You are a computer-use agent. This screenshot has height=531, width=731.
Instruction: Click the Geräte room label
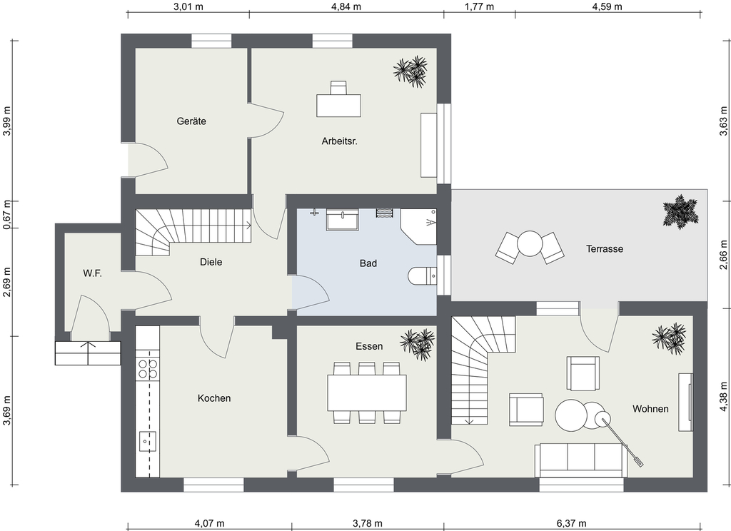point(191,121)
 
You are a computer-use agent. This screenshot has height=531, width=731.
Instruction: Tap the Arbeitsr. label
point(339,141)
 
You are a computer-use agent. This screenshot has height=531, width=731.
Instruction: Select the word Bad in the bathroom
point(368,263)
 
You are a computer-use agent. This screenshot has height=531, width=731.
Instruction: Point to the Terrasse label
point(605,249)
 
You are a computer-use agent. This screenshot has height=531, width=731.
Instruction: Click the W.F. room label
point(92,273)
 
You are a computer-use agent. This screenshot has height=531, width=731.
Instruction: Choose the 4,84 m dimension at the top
point(346,6)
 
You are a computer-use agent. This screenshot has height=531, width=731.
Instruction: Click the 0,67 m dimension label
point(6,214)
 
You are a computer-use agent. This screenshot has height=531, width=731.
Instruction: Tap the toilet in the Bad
point(423,276)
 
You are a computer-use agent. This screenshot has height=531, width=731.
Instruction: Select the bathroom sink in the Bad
point(343,219)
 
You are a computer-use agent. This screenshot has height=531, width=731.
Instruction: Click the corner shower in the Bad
point(418,226)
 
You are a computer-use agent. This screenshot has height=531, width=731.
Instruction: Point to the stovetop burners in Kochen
point(147,368)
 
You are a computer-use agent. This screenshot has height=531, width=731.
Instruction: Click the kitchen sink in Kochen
point(147,441)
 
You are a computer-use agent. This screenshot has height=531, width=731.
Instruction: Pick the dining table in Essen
point(366,392)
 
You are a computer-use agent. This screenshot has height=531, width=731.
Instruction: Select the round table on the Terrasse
point(530,244)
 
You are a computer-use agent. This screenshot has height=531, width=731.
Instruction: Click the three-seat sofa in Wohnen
point(581,460)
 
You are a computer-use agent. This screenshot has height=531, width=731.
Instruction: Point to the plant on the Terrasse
point(681,212)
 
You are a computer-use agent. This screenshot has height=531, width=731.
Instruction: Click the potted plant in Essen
point(417,344)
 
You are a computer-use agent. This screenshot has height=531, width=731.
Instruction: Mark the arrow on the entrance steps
point(88,353)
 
